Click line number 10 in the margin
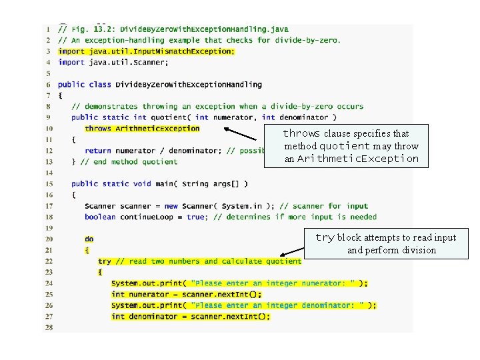48,129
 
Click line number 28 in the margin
48,327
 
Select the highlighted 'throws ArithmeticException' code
142,129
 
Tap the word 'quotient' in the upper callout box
344,146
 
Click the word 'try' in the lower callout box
325,237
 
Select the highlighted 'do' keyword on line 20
89,239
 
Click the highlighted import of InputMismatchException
146,51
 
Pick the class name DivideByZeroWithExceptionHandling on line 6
189,85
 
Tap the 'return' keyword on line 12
97,151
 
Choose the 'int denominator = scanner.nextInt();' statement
191,317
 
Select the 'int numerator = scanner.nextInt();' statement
187,294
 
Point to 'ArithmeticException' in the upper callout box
357,159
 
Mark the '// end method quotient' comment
129,161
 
